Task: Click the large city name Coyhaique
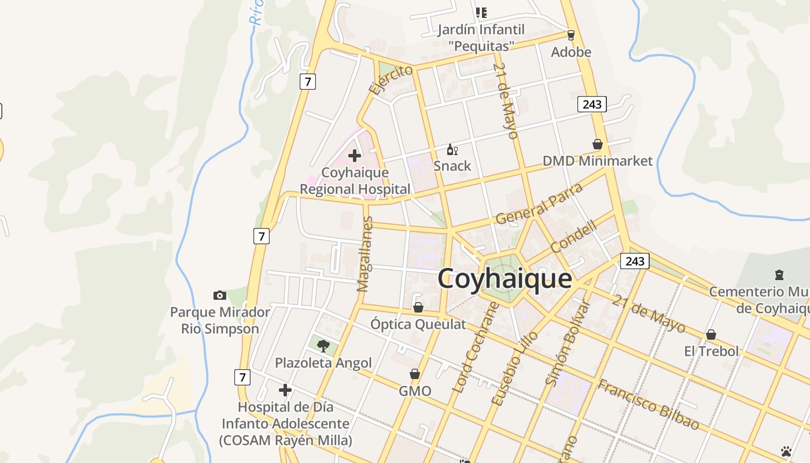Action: [505, 279]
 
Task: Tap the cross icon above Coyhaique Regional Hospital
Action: [355, 156]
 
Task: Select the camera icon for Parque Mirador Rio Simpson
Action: [220, 296]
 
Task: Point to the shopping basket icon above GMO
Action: [415, 374]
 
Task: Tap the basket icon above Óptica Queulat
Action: [418, 307]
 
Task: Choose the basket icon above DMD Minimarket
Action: [598, 144]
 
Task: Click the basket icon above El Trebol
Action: [711, 335]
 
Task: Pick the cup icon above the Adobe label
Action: [571, 35]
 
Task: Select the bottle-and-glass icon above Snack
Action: [452, 150]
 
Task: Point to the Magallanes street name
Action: [365, 253]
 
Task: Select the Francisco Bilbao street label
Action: [648, 405]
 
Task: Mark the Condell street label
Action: [573, 237]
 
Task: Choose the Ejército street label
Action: [391, 79]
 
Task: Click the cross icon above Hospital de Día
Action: [285, 390]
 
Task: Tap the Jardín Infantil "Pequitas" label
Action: [481, 37]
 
